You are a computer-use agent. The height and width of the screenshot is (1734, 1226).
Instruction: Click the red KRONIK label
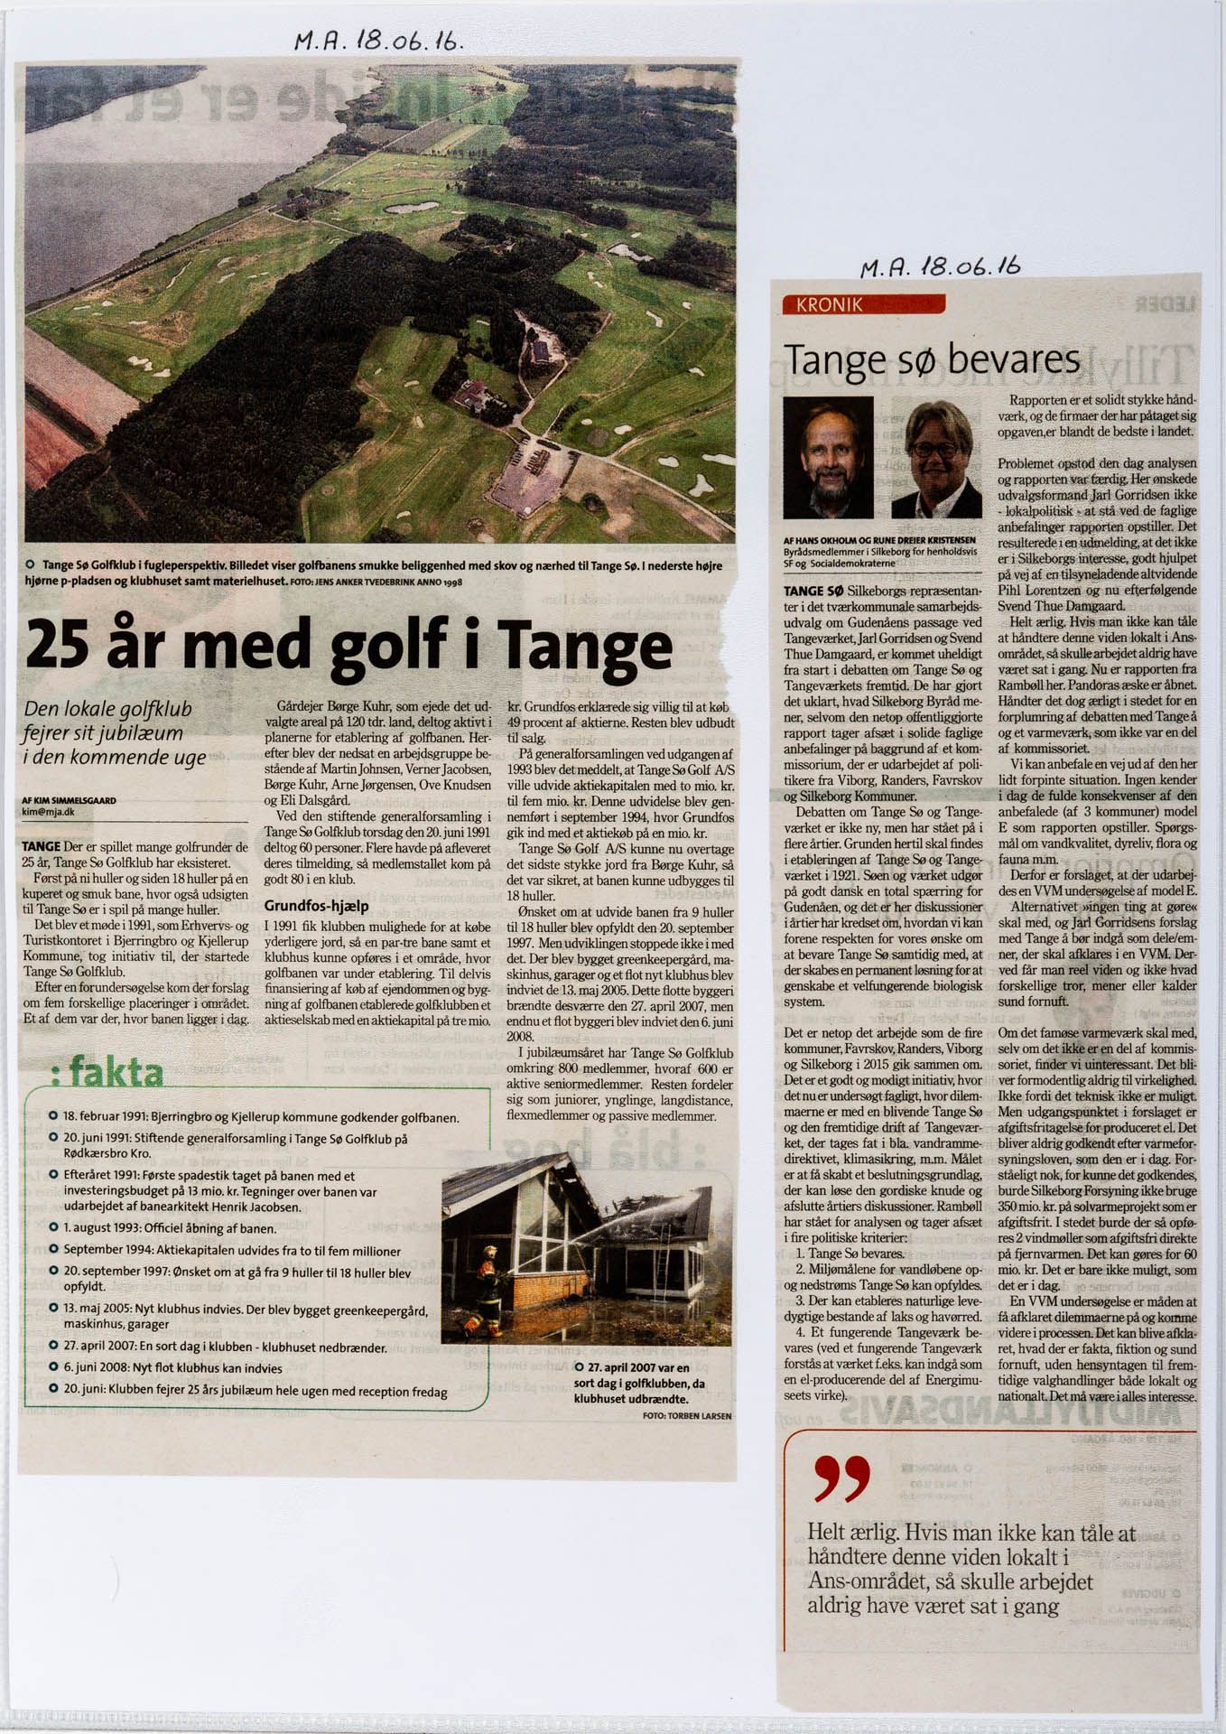pos(829,305)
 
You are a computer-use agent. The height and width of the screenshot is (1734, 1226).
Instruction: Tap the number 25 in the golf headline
pos(60,645)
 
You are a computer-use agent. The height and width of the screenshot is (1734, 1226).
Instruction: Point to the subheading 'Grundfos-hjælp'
pos(316,905)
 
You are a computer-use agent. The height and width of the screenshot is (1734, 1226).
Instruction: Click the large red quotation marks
pos(841,1478)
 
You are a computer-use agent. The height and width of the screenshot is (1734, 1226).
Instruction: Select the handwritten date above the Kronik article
pos(940,266)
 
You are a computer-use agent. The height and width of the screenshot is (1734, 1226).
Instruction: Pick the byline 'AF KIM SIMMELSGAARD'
pos(69,800)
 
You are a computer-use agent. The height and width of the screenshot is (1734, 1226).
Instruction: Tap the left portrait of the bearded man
pos(828,457)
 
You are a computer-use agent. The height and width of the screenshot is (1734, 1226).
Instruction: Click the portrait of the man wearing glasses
pos(936,459)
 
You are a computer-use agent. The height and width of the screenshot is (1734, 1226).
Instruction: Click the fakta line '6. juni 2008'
pos(172,1368)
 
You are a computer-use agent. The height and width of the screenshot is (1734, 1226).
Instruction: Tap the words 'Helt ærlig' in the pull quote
pos(851,1534)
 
